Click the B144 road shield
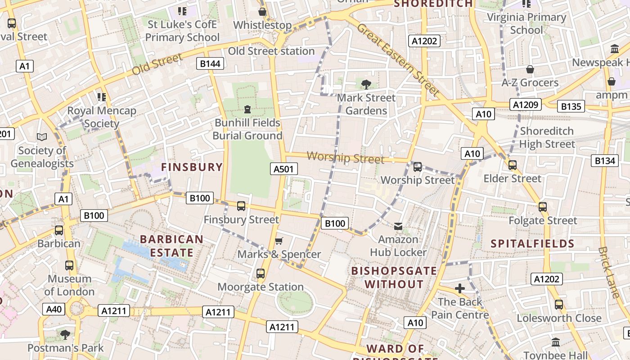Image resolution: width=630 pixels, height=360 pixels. click(x=210, y=63)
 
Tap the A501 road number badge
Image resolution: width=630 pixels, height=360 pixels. click(x=284, y=169)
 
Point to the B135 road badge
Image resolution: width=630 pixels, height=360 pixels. click(x=571, y=107)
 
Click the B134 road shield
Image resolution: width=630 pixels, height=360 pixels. click(x=604, y=161)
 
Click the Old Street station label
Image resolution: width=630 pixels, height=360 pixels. click(x=271, y=51)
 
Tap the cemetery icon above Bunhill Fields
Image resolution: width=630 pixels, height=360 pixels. click(x=247, y=109)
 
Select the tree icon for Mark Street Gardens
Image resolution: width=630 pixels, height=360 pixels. click(x=366, y=84)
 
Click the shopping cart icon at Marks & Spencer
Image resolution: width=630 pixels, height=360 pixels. click(x=279, y=241)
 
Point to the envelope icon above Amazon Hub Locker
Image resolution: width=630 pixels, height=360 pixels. click(x=398, y=226)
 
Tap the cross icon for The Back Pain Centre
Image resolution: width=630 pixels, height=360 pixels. click(x=459, y=288)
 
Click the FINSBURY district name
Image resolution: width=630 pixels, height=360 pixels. click(x=192, y=167)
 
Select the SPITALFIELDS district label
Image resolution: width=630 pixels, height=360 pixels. click(x=532, y=244)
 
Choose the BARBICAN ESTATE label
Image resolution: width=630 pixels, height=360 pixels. click(x=171, y=246)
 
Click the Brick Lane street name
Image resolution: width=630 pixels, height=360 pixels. click(x=609, y=272)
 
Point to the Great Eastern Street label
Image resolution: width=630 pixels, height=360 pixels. click(x=398, y=59)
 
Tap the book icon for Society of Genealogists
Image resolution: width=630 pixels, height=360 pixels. click(x=42, y=136)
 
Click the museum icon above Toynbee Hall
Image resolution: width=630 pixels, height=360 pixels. click(x=555, y=342)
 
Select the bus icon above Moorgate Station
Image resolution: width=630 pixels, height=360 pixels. click(x=261, y=273)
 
